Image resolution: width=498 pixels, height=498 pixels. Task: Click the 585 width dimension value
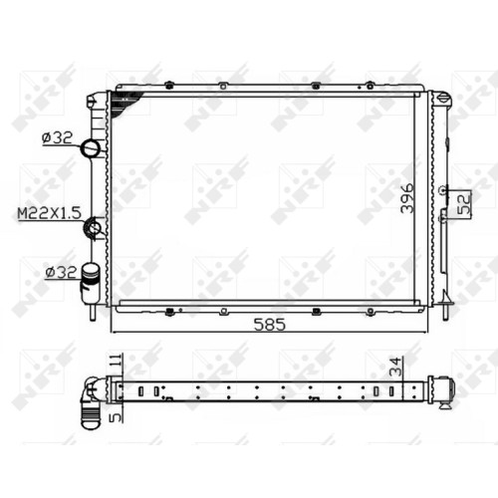pos(269,325)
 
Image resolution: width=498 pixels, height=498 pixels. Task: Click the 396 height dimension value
pos(407,198)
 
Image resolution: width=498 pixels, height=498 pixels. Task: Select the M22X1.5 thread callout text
pos(49,213)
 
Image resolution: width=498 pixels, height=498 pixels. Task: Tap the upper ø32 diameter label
pos(57,137)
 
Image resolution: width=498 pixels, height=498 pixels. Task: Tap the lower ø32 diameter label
pos(61,273)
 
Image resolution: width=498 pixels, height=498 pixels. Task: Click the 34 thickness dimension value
pos(395,367)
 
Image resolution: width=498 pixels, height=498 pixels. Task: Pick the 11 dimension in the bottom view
pos(115,361)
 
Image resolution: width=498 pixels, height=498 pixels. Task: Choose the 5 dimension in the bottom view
pos(116,417)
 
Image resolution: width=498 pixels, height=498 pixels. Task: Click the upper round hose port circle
pos(91,147)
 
